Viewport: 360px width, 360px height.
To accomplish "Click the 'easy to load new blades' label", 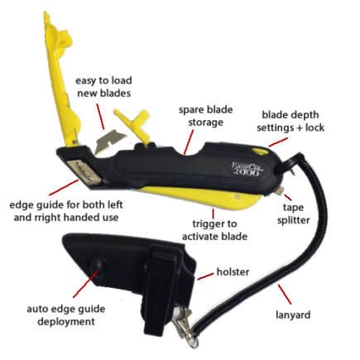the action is point(103,87).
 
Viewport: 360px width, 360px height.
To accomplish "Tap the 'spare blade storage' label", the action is point(205,116).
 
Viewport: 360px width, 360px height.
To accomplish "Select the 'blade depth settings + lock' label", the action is point(290,121).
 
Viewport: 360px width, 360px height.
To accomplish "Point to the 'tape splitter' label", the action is point(293,214).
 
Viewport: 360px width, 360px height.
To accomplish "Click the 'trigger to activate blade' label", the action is point(214,230).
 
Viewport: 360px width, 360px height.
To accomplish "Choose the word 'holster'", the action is point(233,272).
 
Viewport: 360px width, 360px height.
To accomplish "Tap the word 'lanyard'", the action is point(293,314).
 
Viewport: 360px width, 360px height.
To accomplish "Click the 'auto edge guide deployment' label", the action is point(66,315).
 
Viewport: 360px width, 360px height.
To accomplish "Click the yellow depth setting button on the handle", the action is point(258,151).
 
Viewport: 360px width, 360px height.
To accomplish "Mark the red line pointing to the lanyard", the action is point(284,295).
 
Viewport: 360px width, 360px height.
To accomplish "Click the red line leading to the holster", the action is point(206,276).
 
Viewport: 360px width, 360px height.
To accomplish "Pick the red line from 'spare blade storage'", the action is point(188,141).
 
